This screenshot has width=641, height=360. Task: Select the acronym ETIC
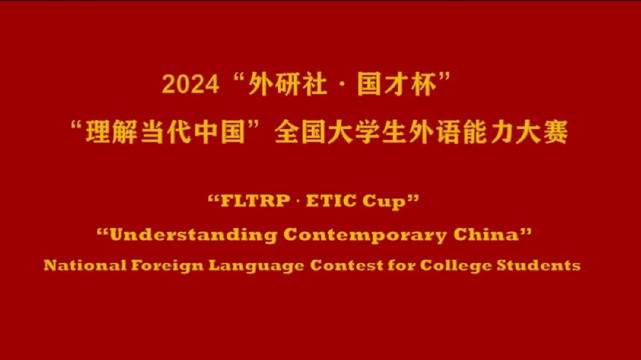point(338,200)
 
